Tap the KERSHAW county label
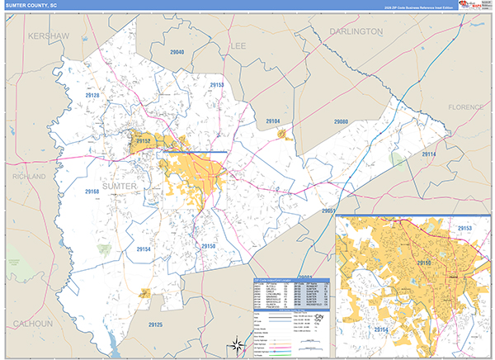(48, 36)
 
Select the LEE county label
(238, 45)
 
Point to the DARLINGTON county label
(356, 31)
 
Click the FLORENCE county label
(470, 107)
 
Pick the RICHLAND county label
(29, 176)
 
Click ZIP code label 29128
(91, 96)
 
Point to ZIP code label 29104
(273, 121)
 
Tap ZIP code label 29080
(342, 122)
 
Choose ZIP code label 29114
(429, 154)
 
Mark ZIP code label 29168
(92, 192)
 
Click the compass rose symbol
(237, 344)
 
